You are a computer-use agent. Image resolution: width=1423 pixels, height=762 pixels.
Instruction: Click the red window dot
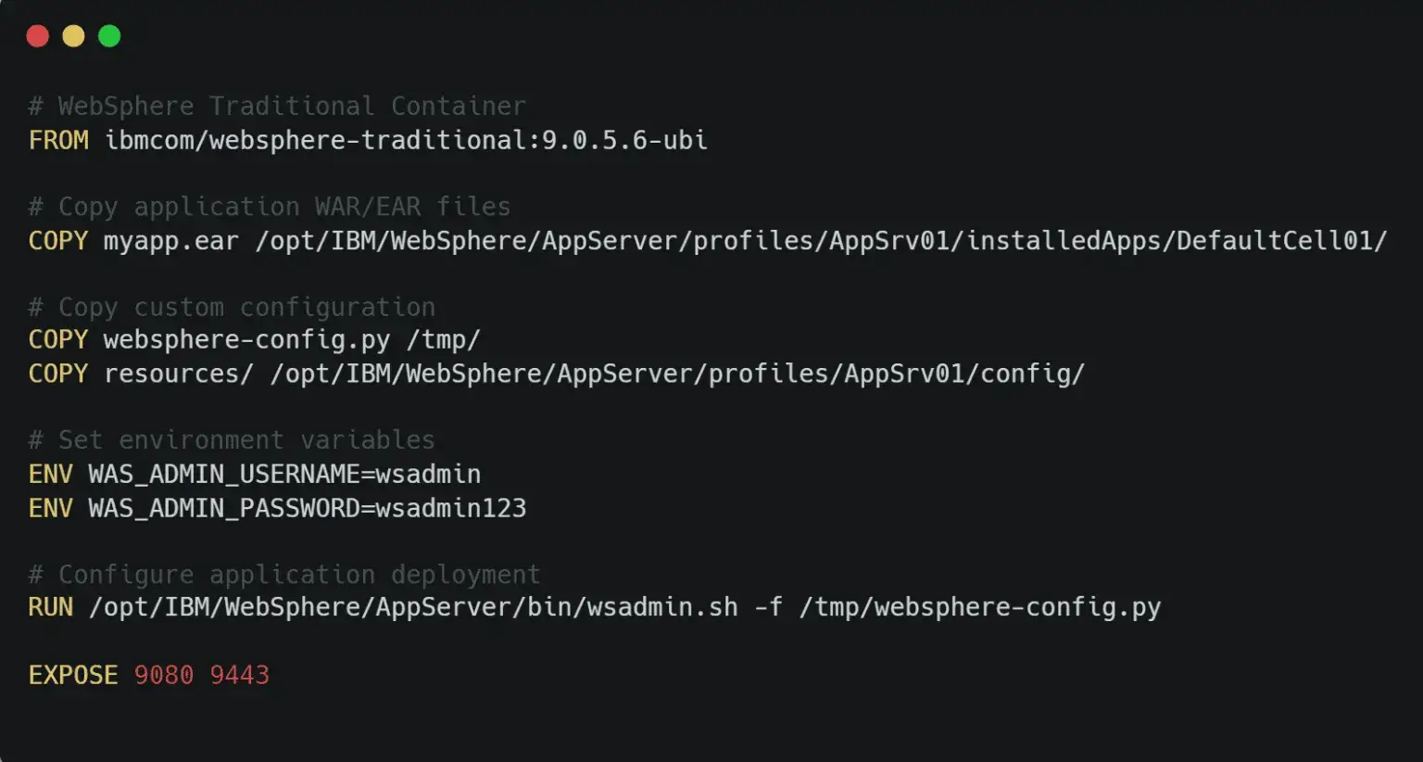37,36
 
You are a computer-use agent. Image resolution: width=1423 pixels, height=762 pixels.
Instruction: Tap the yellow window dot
74,36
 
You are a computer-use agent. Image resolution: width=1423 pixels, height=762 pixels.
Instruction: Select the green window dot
109,36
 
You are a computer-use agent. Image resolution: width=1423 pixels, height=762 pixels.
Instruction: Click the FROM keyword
58,141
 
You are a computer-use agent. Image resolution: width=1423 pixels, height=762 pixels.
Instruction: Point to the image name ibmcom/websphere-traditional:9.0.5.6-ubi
406,141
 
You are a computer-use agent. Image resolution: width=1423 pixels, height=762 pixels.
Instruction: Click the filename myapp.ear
171,242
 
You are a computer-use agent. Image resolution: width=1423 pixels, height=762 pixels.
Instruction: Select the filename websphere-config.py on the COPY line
247,340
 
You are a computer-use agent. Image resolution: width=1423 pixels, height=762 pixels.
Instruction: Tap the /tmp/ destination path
444,340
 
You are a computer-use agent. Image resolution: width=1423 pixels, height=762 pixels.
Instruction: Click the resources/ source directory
179,375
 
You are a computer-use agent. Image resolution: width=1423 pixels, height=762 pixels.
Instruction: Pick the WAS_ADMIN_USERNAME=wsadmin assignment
284,475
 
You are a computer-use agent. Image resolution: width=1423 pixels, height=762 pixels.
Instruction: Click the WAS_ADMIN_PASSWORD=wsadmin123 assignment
308,508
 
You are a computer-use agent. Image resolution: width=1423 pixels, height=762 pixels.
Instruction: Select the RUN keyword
51,607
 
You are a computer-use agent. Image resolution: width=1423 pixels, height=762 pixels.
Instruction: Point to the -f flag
769,607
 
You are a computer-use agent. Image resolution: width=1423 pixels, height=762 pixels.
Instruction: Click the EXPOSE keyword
74,676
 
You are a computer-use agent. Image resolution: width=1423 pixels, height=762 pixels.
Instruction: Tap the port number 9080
164,676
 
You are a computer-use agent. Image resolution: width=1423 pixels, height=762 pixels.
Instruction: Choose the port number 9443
240,676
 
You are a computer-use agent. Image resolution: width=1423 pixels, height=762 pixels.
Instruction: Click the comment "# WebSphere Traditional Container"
277,106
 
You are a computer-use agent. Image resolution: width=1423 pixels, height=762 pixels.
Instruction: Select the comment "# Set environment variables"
232,440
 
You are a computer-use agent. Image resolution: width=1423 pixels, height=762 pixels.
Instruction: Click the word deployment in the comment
466,576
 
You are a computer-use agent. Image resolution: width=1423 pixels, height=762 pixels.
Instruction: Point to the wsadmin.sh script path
413,608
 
